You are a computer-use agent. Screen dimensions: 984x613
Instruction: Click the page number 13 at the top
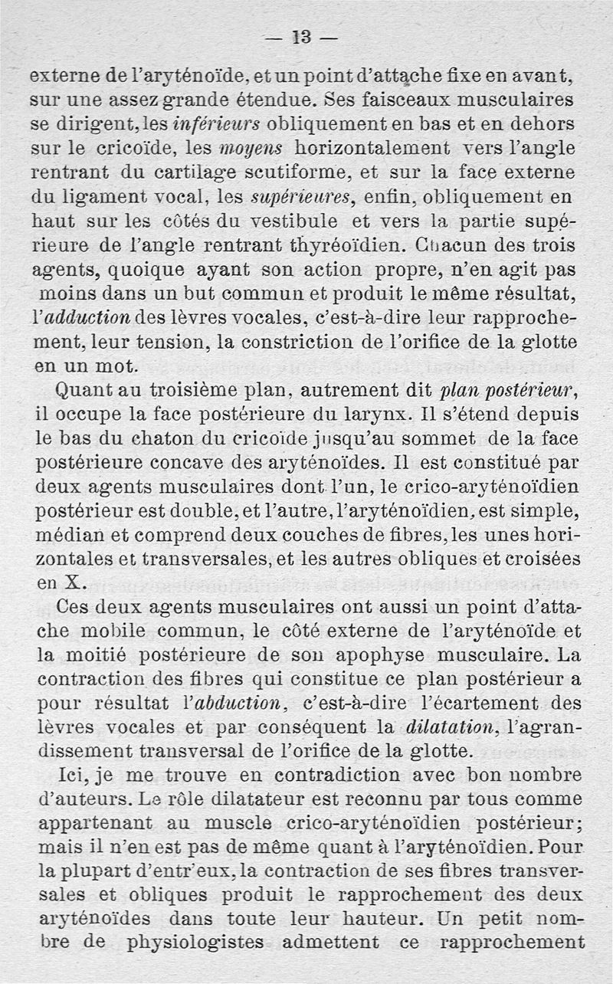point(306,37)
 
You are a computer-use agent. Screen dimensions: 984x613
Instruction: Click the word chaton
point(176,441)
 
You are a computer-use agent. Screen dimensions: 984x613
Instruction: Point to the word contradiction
point(315,776)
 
